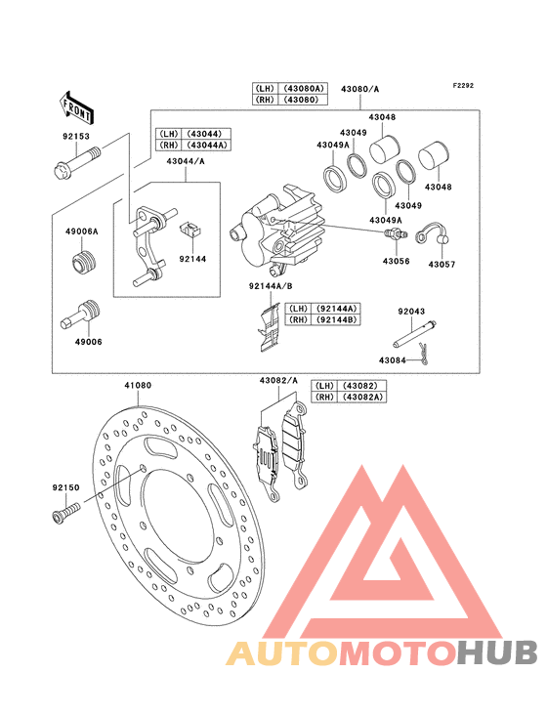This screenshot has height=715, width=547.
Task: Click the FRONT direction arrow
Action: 76,107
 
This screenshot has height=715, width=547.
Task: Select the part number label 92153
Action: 76,137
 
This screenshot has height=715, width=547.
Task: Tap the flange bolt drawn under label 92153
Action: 76,162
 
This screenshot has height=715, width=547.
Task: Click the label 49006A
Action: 82,231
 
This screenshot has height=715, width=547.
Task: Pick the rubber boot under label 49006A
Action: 84,263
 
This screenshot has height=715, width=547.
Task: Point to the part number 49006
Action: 89,342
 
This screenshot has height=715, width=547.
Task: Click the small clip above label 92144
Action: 191,228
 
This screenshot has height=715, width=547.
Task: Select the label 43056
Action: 397,261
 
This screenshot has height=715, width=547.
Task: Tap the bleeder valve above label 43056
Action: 396,234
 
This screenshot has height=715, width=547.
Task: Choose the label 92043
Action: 411,312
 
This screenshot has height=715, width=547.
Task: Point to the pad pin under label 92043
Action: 415,335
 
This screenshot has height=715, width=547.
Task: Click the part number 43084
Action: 393,360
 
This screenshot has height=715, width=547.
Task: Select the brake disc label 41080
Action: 138,385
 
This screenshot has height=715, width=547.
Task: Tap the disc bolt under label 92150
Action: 66,512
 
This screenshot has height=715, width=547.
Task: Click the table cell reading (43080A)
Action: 303,88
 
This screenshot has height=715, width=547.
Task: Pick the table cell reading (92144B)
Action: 335,319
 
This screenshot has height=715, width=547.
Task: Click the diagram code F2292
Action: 463,86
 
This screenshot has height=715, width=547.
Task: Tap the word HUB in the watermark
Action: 498,652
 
